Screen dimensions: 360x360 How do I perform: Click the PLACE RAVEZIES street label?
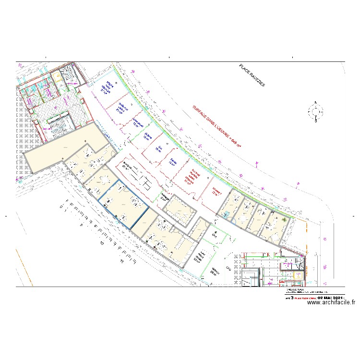(x=252, y=75)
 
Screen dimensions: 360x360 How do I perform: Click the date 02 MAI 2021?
(x=328, y=298)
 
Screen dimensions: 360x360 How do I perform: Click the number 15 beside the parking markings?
(x=122, y=262)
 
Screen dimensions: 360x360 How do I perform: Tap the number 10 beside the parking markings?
(x=102, y=244)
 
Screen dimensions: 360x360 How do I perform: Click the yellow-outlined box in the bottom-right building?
(x=294, y=276)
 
